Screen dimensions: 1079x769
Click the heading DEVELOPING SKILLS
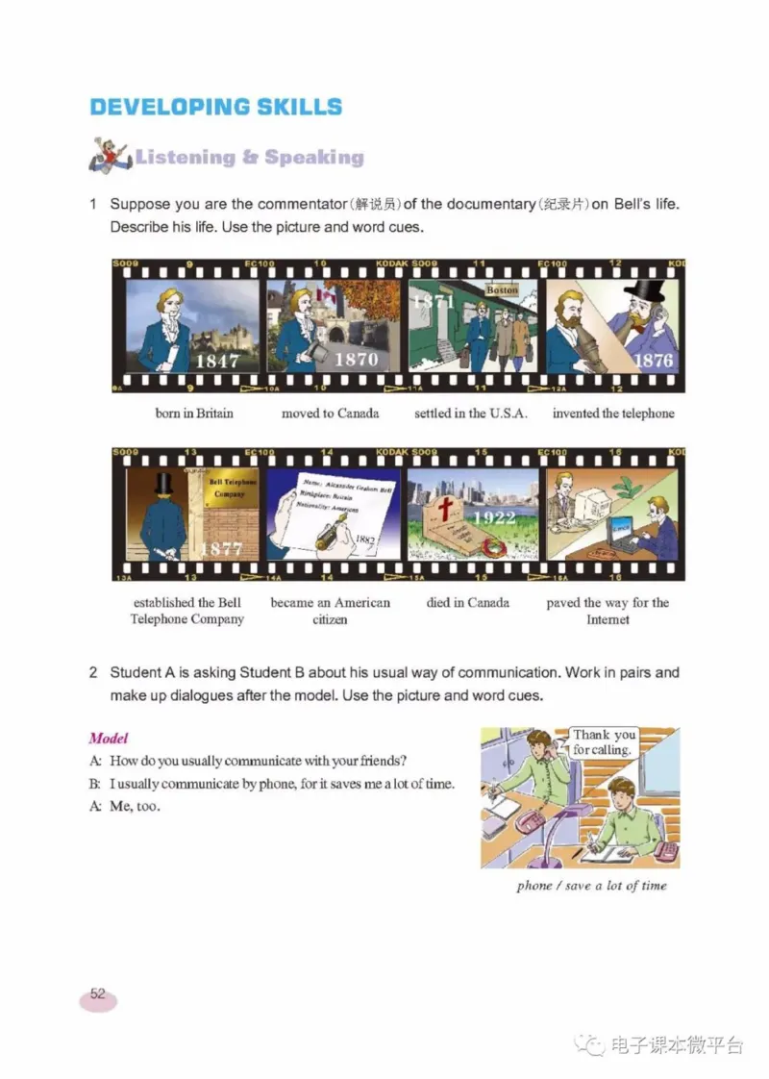[x=215, y=106]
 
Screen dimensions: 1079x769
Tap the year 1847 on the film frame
[x=217, y=362]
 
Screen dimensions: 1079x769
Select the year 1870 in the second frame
[x=356, y=360]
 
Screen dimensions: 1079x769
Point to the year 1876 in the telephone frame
[x=654, y=361]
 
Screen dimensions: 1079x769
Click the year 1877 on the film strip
[x=220, y=549]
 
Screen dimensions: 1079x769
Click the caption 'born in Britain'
[x=194, y=414]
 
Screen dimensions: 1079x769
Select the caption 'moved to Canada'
[x=330, y=414]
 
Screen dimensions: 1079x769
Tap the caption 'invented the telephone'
[x=613, y=414]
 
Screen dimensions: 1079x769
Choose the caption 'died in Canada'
[x=468, y=603]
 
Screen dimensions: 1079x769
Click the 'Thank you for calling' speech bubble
[x=604, y=741]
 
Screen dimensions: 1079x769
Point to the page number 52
[x=97, y=995]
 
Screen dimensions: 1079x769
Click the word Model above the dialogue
[x=109, y=739]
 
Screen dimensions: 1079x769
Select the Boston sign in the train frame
[x=502, y=289]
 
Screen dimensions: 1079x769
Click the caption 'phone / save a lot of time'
[x=591, y=886]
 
